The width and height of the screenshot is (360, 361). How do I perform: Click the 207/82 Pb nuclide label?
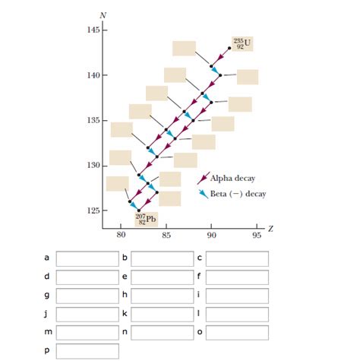(x=147, y=219)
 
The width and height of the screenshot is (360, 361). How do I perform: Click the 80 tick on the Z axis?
(x=121, y=236)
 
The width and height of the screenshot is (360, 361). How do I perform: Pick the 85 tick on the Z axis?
(x=166, y=236)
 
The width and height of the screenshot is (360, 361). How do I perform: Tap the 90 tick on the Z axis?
(x=212, y=236)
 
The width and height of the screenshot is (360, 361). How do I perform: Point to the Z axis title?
(x=270, y=228)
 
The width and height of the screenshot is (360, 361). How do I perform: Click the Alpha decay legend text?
(x=232, y=179)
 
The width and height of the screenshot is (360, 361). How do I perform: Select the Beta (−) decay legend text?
(x=237, y=193)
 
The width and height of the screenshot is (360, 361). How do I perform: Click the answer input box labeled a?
(x=87, y=258)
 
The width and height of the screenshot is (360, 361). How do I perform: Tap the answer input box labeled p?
(x=87, y=351)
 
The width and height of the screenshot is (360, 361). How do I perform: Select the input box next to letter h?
(x=162, y=295)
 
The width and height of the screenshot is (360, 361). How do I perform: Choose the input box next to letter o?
(x=237, y=332)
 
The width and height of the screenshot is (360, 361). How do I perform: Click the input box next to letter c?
(x=237, y=258)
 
